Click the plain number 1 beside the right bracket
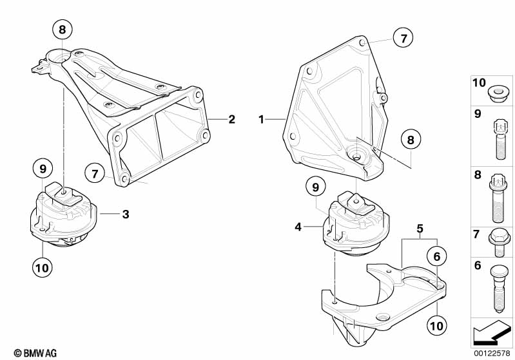click(261, 119)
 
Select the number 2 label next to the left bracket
click(232, 119)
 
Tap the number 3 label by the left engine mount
click(126, 214)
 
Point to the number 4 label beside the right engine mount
click(298, 227)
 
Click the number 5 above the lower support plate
click(420, 229)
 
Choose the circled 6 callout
click(436, 256)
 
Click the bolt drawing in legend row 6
click(498, 288)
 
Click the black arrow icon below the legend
click(492, 333)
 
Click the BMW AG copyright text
click(35, 353)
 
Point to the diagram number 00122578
click(492, 353)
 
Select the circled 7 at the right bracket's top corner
click(403, 37)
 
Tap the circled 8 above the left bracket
click(63, 30)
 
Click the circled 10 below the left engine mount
click(43, 267)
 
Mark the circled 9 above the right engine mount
click(315, 187)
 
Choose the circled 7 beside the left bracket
click(95, 173)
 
